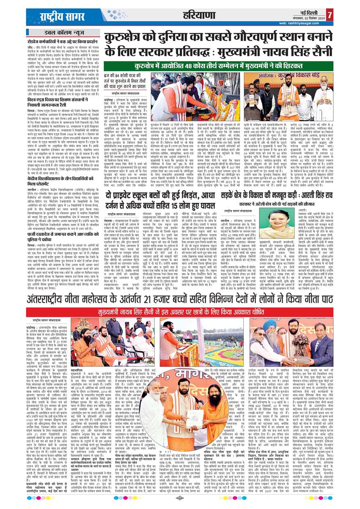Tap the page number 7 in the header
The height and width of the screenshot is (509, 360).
click(x=330, y=15)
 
